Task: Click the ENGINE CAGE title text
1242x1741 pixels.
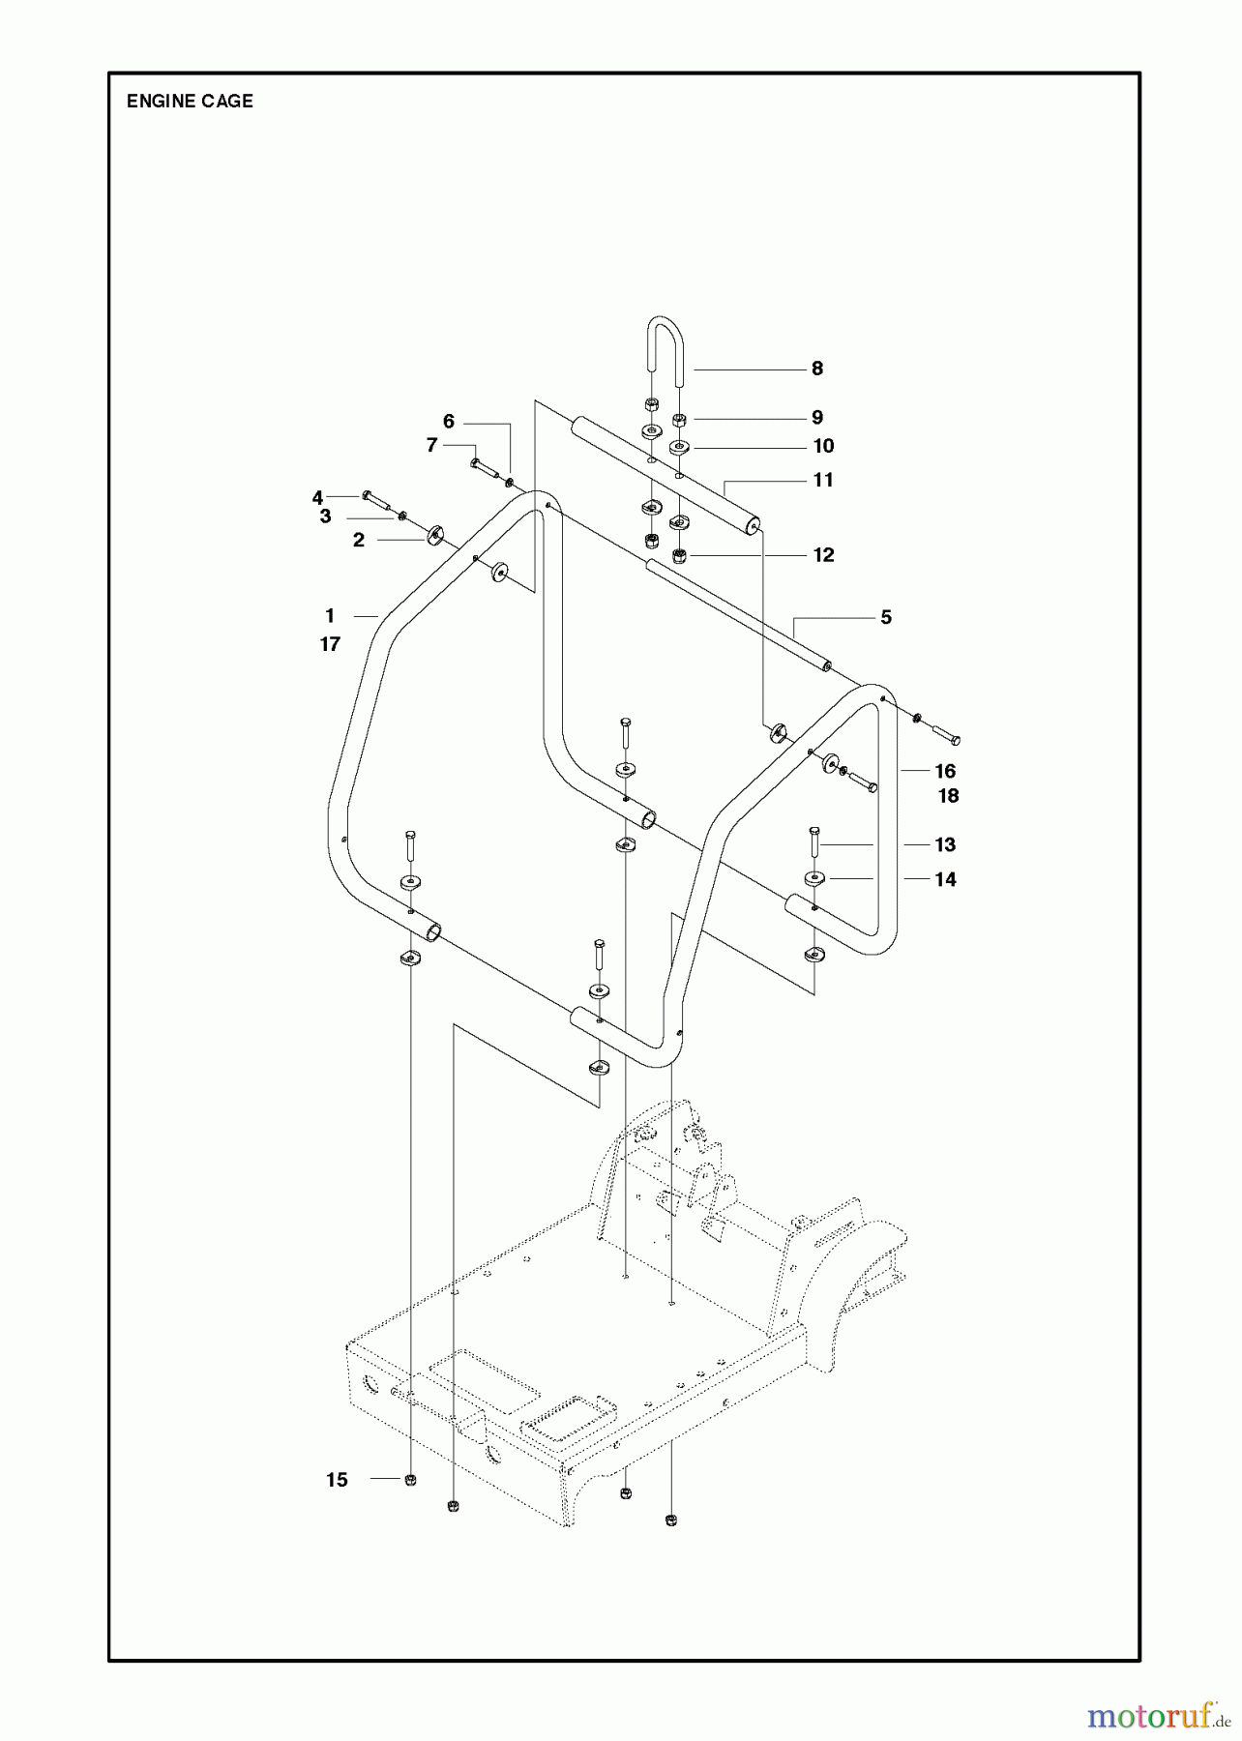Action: (x=190, y=102)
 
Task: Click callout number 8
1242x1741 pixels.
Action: (x=817, y=369)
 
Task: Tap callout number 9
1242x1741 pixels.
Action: (x=817, y=418)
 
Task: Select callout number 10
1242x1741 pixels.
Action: (x=823, y=446)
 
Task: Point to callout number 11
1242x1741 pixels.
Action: (x=823, y=480)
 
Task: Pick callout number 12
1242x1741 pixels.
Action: (x=823, y=555)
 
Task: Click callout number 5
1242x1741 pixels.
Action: (x=886, y=617)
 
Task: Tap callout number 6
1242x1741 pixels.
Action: (x=449, y=422)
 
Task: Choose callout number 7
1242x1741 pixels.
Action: (x=432, y=445)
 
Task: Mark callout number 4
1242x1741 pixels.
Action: (x=317, y=498)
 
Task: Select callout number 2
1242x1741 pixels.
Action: (x=359, y=540)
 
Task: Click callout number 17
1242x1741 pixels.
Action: (x=331, y=644)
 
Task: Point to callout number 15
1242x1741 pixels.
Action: (x=337, y=1480)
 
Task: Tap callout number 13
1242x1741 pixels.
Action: (x=945, y=844)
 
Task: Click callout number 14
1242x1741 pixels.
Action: (x=945, y=879)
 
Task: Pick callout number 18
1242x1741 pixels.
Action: (x=948, y=796)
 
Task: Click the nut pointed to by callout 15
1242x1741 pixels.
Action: (x=410, y=1480)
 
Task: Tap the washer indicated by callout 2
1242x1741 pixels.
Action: (x=432, y=535)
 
